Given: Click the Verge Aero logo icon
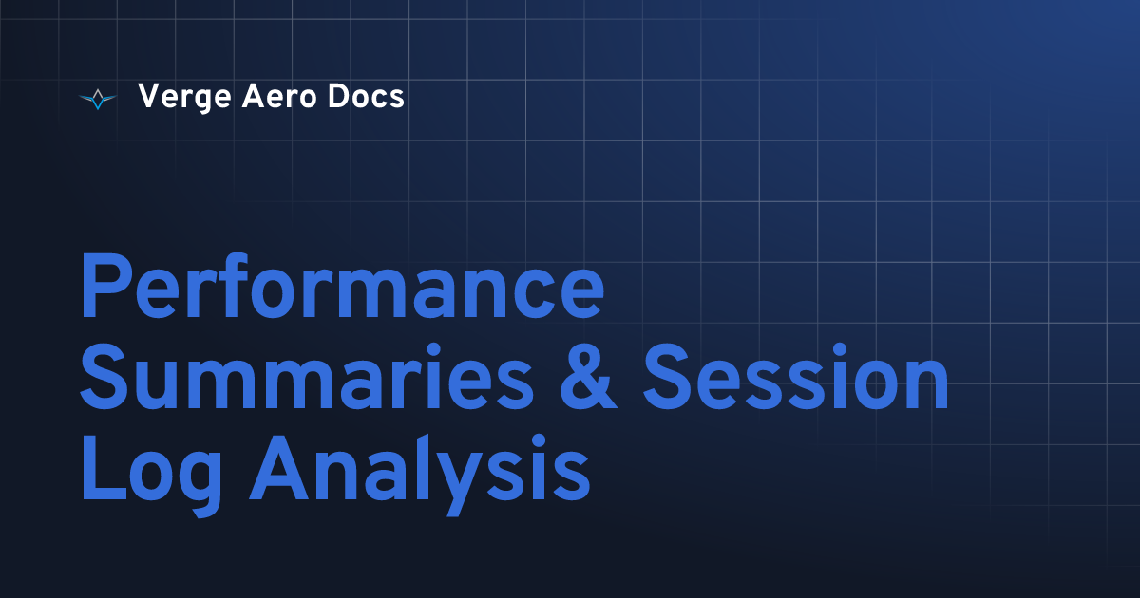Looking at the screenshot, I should (98, 98).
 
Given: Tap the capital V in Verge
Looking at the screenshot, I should (148, 97).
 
